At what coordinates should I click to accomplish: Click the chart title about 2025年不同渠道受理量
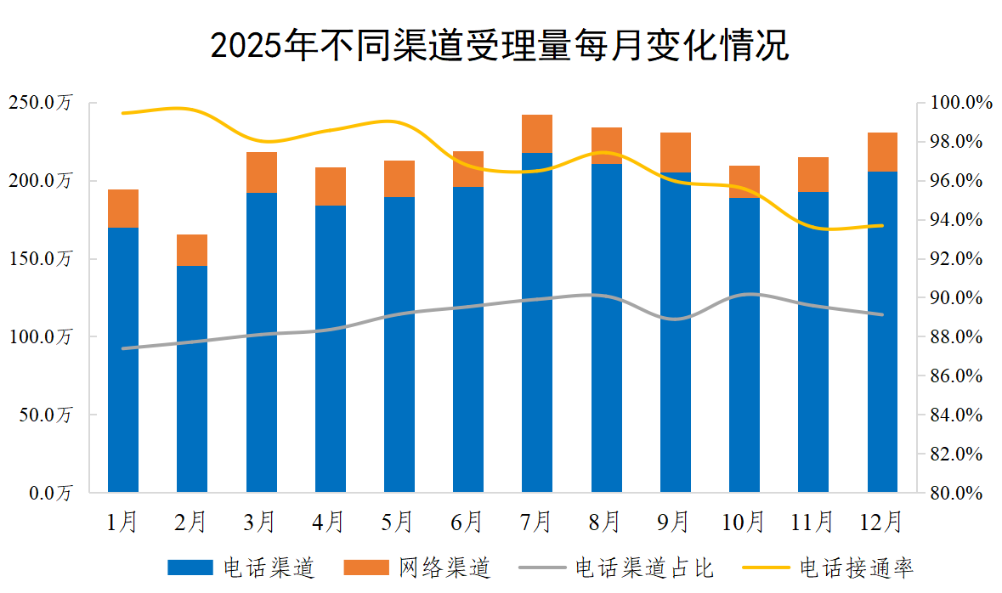tap(500, 46)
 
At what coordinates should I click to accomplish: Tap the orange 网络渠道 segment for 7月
tap(537, 133)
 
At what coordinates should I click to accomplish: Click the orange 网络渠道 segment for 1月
tap(123, 208)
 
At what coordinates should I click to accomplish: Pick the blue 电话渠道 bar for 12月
tap(882, 331)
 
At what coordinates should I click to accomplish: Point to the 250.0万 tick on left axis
tap(42, 103)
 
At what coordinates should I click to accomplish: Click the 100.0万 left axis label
tap(42, 337)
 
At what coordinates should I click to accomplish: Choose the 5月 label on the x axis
tap(399, 521)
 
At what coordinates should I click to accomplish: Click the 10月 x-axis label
tap(744, 521)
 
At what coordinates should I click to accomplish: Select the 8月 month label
tap(606, 521)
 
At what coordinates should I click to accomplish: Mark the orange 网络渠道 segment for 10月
tap(744, 182)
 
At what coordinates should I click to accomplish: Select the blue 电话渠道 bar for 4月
tap(331, 348)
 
